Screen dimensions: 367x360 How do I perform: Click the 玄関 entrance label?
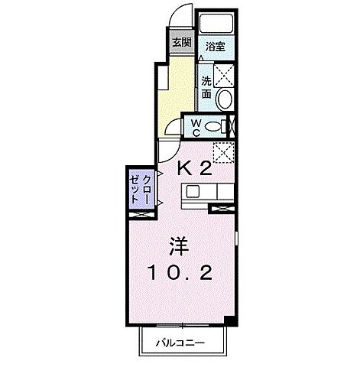click(x=181, y=43)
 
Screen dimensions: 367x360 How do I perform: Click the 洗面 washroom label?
click(x=206, y=86)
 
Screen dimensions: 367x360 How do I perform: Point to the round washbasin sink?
click(x=223, y=98)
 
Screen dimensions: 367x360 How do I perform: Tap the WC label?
click(x=194, y=127)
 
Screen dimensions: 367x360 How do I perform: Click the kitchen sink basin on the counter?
click(x=193, y=191)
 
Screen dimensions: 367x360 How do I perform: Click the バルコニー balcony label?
click(x=182, y=342)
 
